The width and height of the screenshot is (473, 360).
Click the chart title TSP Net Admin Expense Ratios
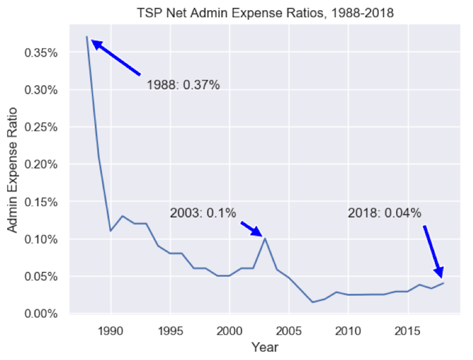pyautogui.click(x=265, y=13)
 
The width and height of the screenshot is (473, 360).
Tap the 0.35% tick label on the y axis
pyautogui.click(x=41, y=53)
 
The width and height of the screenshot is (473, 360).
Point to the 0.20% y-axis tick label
pyautogui.click(x=41, y=164)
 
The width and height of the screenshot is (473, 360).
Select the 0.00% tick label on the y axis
pyautogui.click(x=41, y=314)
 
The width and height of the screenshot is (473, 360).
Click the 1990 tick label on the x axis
pyautogui.click(x=111, y=331)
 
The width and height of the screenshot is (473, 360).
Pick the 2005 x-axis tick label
pyautogui.click(x=289, y=331)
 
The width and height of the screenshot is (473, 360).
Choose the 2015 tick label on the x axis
pyautogui.click(x=407, y=331)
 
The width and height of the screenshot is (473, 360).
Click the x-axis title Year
pyautogui.click(x=265, y=347)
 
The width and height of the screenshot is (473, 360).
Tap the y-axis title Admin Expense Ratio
pyautogui.click(x=12, y=170)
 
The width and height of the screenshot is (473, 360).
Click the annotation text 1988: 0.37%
pyautogui.click(x=183, y=85)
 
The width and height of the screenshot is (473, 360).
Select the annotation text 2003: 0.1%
pyautogui.click(x=203, y=213)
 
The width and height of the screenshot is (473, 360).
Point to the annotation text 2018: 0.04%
pyautogui.click(x=384, y=213)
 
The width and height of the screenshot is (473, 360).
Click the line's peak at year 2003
pyautogui.click(x=265, y=239)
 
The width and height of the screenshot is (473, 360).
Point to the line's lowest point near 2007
pyautogui.click(x=313, y=302)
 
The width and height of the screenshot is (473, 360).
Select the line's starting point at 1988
pyautogui.click(x=87, y=37)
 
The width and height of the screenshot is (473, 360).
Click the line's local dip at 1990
pyautogui.click(x=111, y=231)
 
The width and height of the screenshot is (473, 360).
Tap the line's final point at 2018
pyautogui.click(x=443, y=283)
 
